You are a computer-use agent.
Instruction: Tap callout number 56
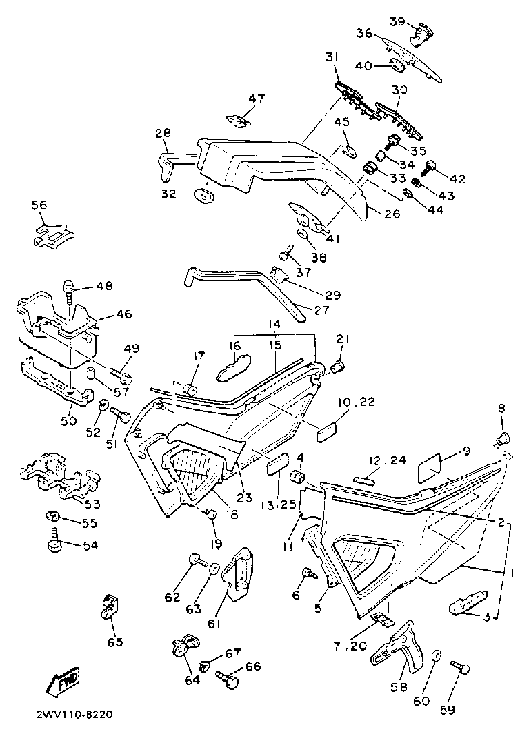click(x=39, y=205)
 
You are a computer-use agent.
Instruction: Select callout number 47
click(x=257, y=99)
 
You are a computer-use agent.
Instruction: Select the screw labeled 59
click(x=460, y=668)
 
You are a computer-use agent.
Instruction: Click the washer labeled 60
click(x=436, y=655)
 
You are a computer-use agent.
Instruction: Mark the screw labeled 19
click(x=211, y=514)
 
